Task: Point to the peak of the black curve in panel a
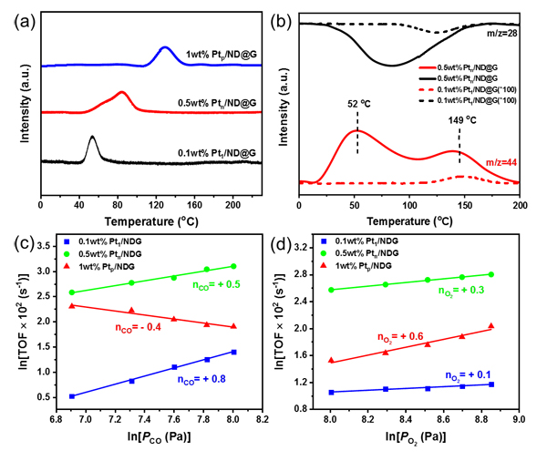[92, 138]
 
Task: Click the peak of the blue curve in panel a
[164, 47]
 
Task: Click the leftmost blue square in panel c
[73, 396]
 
